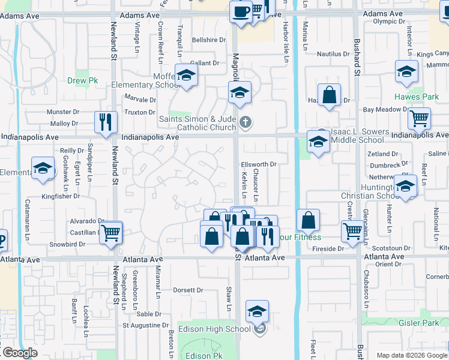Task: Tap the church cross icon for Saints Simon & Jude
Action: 245,123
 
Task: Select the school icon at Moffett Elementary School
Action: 187,75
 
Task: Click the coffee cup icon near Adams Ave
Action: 241,11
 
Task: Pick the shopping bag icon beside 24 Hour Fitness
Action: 308,220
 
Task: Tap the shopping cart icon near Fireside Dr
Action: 352,230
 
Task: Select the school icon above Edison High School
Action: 257,311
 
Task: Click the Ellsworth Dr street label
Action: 258,164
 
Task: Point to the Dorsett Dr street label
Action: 188,290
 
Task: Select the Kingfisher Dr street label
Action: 61,196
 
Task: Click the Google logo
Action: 19,353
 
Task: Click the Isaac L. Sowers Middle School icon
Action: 318,142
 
